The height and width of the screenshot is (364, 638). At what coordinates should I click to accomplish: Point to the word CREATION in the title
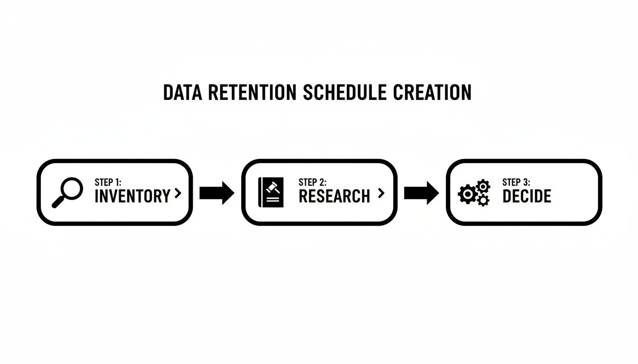(x=432, y=93)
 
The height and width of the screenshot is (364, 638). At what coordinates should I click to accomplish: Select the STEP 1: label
(x=108, y=182)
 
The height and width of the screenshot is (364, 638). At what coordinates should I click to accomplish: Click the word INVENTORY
(x=132, y=196)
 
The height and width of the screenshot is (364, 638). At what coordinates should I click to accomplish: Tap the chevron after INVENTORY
(x=178, y=193)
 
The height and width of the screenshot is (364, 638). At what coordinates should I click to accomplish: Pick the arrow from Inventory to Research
(x=217, y=193)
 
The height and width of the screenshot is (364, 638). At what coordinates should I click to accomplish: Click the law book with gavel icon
(x=271, y=192)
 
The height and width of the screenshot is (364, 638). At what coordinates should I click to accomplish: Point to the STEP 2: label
(x=312, y=182)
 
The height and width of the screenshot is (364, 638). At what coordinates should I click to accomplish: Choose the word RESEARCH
(x=334, y=196)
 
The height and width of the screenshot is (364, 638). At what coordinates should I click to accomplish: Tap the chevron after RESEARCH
(x=380, y=193)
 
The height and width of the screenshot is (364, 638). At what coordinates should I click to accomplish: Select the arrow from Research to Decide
(x=422, y=193)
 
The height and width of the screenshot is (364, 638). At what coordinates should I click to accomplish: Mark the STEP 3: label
(x=516, y=182)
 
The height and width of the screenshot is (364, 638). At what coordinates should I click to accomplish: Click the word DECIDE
(x=527, y=196)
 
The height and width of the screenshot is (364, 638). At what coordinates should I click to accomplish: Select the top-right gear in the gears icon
(x=482, y=185)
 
